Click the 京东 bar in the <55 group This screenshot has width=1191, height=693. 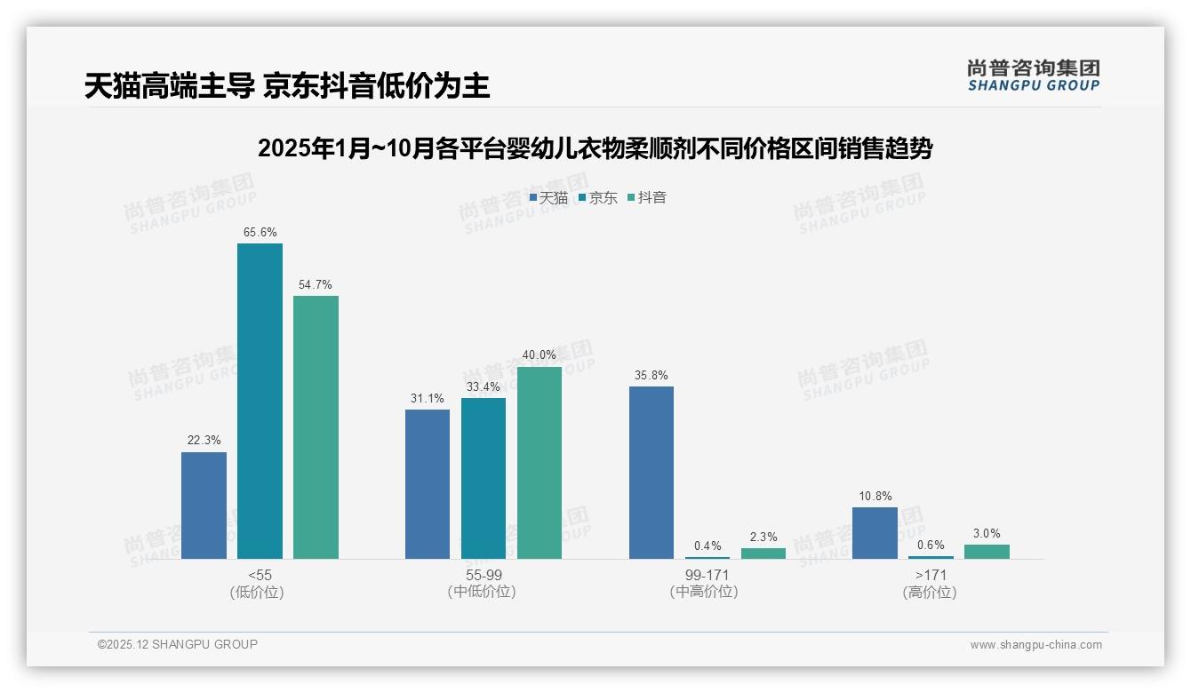click(x=260, y=401)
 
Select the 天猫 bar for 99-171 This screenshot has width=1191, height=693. click(x=651, y=473)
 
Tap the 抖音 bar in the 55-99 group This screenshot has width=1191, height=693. click(x=540, y=463)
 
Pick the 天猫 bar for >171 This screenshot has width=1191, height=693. click(x=875, y=533)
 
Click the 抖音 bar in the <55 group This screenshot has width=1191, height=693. click(x=316, y=427)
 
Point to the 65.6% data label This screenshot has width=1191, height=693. click(x=260, y=233)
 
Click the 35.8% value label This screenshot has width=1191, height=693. click(x=651, y=376)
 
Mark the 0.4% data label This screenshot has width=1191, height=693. click(x=707, y=546)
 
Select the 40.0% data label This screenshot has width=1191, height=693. click(x=540, y=355)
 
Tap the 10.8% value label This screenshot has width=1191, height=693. click(x=875, y=497)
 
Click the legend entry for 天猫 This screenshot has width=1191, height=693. click(x=548, y=198)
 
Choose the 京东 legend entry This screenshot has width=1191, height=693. click(x=598, y=198)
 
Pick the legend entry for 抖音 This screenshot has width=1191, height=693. click(x=647, y=198)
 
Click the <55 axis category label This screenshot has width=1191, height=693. click(x=260, y=575)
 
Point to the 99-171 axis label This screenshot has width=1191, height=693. click(x=707, y=575)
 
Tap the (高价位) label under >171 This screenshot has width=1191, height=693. click(x=930, y=593)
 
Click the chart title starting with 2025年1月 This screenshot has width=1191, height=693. click(x=595, y=148)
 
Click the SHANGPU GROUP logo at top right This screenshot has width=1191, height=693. click(x=1033, y=76)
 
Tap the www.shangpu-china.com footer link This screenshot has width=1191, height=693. click(x=1035, y=645)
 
